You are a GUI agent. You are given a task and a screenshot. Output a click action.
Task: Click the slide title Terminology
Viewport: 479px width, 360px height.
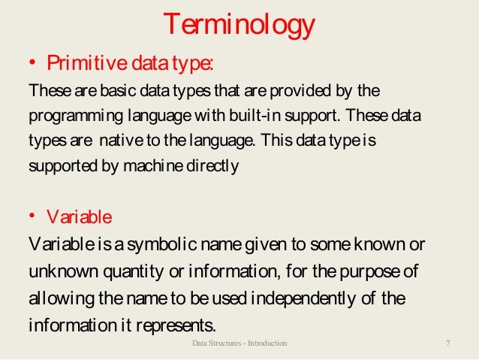tap(239, 26)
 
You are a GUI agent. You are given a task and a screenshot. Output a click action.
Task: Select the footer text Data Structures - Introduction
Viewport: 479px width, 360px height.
tap(239, 343)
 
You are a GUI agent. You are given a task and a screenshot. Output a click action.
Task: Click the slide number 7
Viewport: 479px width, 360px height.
tap(447, 343)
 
